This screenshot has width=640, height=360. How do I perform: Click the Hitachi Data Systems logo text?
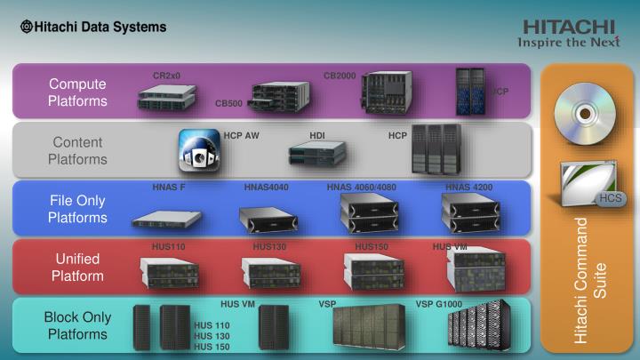(x=93, y=27)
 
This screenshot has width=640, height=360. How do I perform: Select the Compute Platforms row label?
(x=77, y=92)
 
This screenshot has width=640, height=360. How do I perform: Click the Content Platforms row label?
(x=77, y=151)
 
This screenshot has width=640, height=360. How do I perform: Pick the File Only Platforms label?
(x=77, y=209)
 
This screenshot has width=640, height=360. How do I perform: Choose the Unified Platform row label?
(x=77, y=267)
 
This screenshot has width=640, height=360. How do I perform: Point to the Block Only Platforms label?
(x=77, y=325)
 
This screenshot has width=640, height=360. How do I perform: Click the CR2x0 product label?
(x=166, y=76)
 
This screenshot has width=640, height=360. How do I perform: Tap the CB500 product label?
(x=228, y=104)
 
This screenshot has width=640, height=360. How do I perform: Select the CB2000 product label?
(x=340, y=76)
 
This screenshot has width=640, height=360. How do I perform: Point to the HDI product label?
(x=317, y=136)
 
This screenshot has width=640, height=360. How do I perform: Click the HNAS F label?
(x=168, y=188)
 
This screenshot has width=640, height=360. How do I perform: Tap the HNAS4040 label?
(x=267, y=188)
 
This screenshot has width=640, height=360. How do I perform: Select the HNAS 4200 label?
(x=468, y=188)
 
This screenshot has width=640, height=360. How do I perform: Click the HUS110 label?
(x=168, y=246)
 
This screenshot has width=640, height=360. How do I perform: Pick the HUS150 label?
(x=372, y=246)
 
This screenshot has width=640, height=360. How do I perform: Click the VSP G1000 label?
(x=438, y=304)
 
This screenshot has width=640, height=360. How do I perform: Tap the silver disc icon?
(x=584, y=113)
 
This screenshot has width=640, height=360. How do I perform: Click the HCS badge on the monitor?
(x=609, y=197)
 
